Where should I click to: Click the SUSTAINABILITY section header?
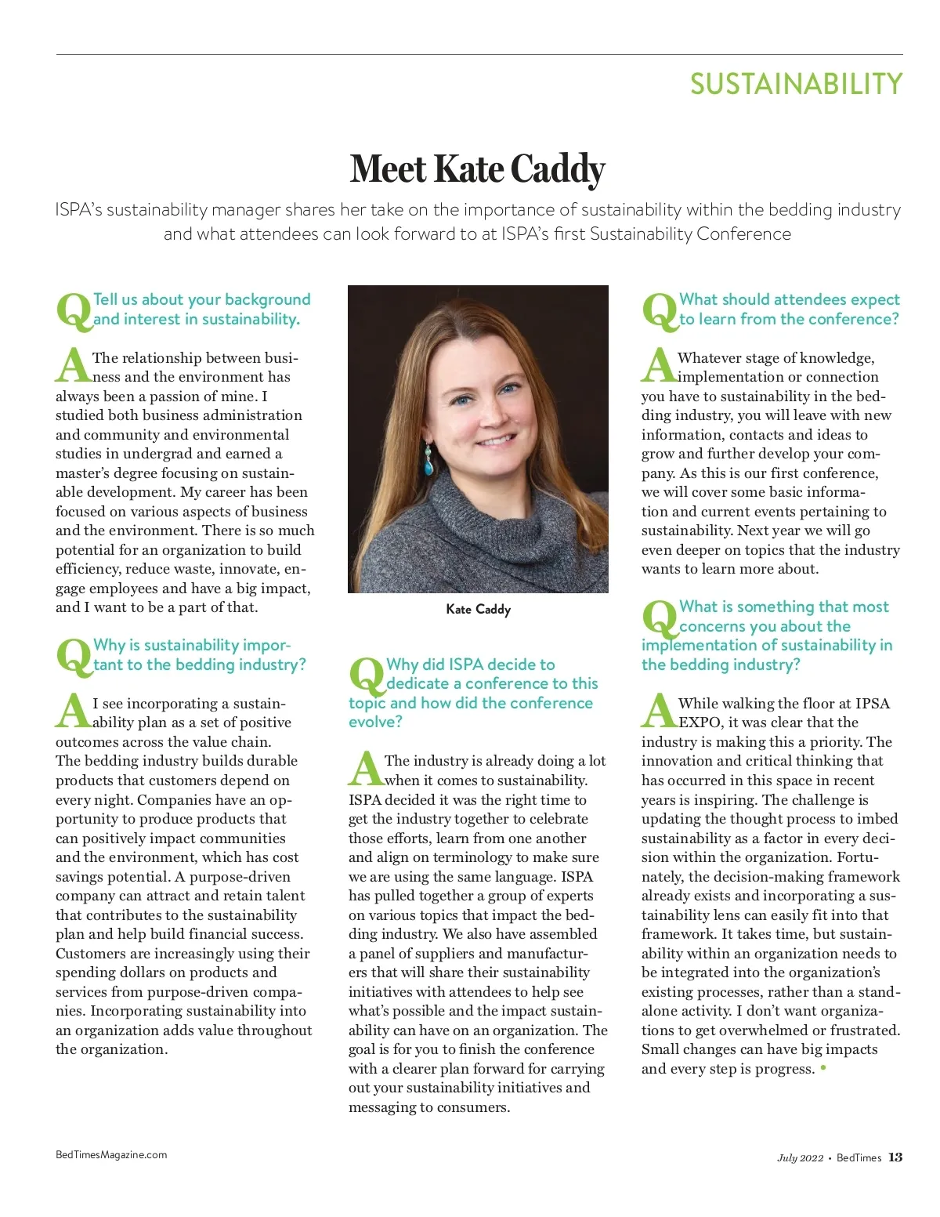(796, 84)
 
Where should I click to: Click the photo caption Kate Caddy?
(478, 609)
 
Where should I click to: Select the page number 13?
(895, 1157)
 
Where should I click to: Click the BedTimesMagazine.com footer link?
(111, 1154)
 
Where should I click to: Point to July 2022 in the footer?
(800, 1158)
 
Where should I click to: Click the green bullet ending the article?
(822, 1068)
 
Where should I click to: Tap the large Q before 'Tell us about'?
(74, 310)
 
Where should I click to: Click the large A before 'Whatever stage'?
(659, 366)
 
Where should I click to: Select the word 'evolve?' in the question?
(375, 722)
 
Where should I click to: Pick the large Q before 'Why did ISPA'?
(367, 676)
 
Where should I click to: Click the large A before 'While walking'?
(659, 712)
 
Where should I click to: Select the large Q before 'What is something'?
(660, 618)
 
